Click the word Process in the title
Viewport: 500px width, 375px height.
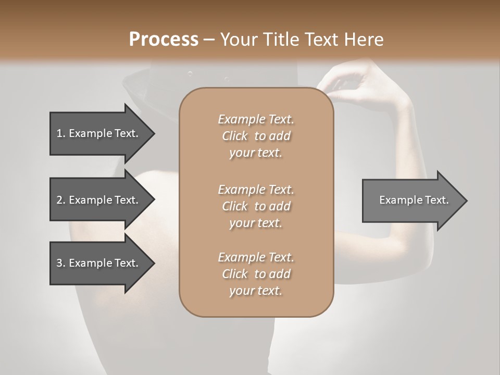(164, 40)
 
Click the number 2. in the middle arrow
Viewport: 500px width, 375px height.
(61, 200)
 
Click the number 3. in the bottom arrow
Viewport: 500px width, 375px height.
(61, 263)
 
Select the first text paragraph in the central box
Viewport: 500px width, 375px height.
(256, 136)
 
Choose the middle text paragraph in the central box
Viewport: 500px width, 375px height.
(256, 206)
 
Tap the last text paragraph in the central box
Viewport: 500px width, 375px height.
(256, 274)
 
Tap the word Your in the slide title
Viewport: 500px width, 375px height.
(238, 40)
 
